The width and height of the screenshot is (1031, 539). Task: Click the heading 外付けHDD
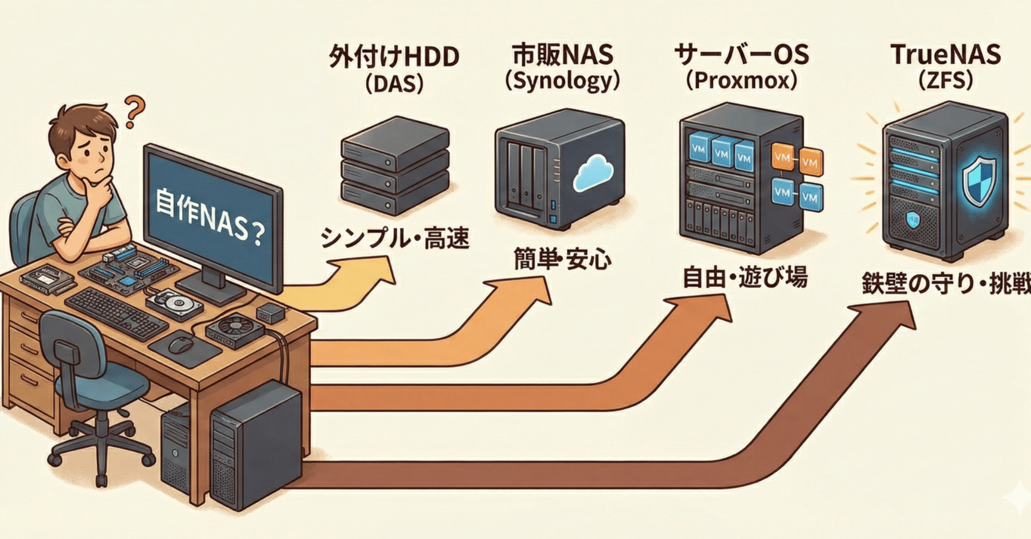394,57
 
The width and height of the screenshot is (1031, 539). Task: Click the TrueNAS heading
945,55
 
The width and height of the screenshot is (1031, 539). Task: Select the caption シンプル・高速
394,238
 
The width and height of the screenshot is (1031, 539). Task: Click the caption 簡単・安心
562,260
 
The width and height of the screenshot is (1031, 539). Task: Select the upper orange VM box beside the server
783,156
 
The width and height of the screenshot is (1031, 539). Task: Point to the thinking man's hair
77,122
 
